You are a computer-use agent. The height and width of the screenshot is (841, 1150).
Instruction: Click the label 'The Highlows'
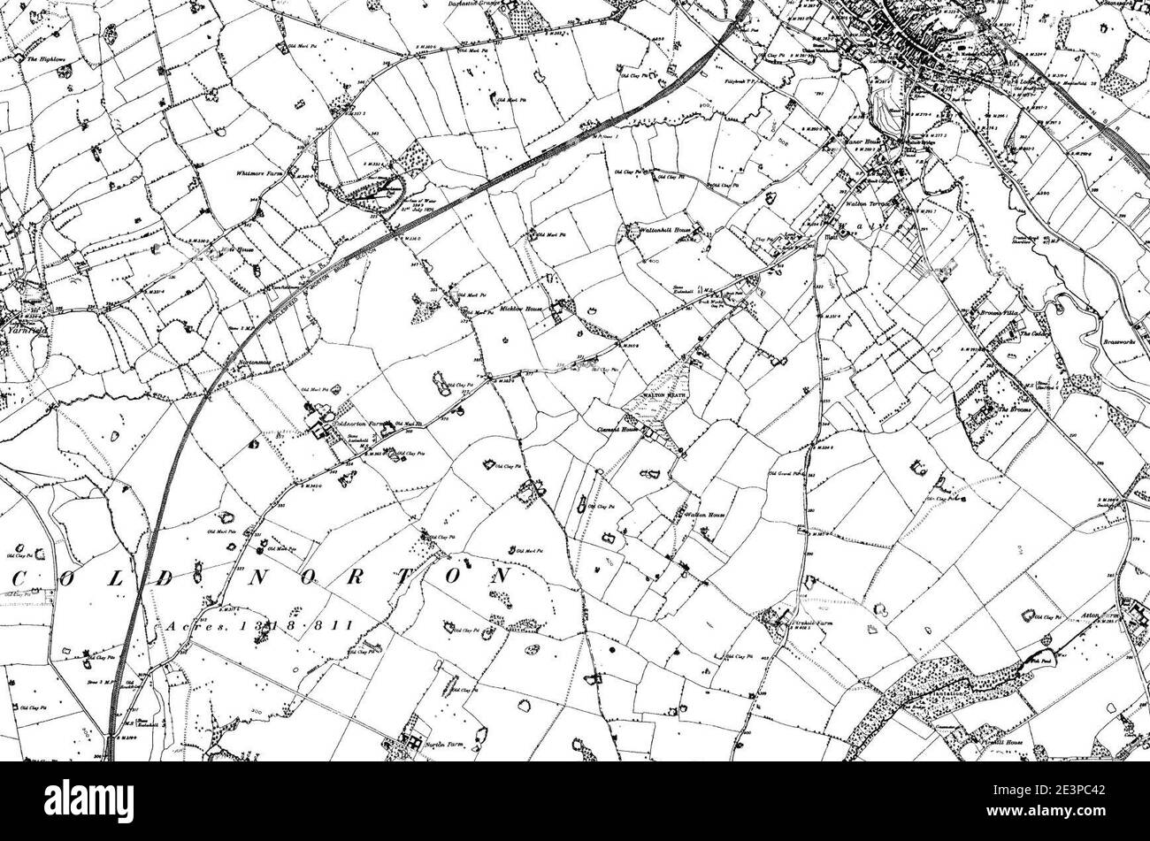click(x=42, y=59)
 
